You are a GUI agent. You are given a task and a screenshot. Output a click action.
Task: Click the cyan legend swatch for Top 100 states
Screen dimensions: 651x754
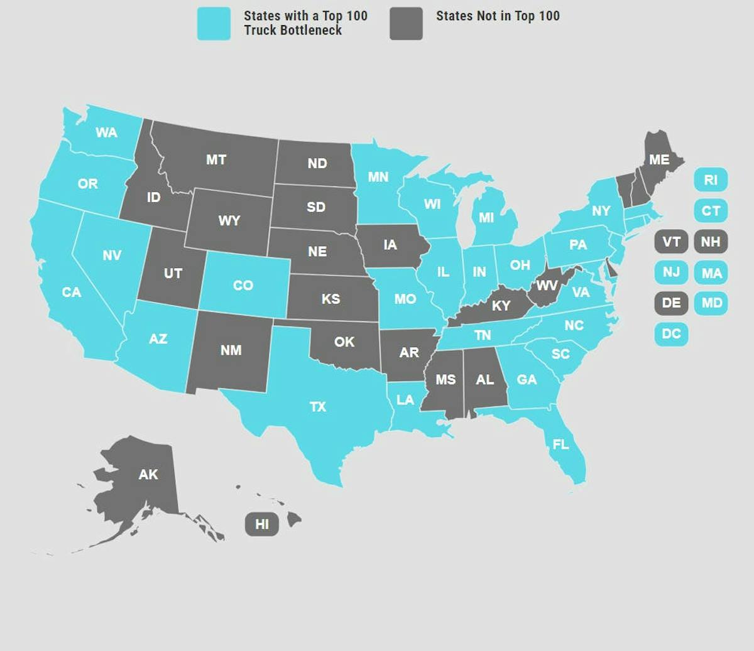[214, 24]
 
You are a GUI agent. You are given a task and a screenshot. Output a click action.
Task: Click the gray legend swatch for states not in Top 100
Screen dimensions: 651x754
[406, 24]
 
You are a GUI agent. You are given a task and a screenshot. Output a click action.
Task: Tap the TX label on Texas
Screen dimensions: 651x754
[318, 407]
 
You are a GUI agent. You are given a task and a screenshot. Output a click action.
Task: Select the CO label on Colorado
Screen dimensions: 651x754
[243, 286]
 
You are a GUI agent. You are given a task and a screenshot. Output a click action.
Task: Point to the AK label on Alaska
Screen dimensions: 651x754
[148, 475]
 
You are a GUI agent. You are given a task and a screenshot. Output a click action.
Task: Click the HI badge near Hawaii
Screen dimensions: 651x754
[262, 524]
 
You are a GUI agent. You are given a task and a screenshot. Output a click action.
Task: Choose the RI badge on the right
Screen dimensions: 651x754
[711, 180]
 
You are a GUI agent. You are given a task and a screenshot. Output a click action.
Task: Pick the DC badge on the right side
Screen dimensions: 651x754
[671, 333]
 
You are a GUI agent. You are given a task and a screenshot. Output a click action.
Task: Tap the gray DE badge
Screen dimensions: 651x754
[671, 303]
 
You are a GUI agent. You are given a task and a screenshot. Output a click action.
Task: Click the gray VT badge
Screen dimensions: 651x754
[671, 242]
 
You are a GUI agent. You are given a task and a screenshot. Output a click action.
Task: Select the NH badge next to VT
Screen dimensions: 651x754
[711, 242]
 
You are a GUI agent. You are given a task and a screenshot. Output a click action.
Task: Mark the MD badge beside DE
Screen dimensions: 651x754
[711, 303]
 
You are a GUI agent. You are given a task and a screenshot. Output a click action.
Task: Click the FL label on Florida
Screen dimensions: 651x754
[560, 444]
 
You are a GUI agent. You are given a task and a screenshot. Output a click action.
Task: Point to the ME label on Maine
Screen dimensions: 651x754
[659, 160]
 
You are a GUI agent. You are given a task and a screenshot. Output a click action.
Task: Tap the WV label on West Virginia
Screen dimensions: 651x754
[547, 286]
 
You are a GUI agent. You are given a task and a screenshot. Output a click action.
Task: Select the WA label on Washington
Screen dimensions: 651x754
[106, 132]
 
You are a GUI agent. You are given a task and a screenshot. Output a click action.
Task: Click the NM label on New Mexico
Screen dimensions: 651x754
[231, 350]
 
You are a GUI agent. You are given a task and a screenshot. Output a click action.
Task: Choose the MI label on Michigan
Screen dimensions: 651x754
[486, 218]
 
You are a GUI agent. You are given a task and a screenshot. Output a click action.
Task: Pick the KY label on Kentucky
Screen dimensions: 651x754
[501, 306]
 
